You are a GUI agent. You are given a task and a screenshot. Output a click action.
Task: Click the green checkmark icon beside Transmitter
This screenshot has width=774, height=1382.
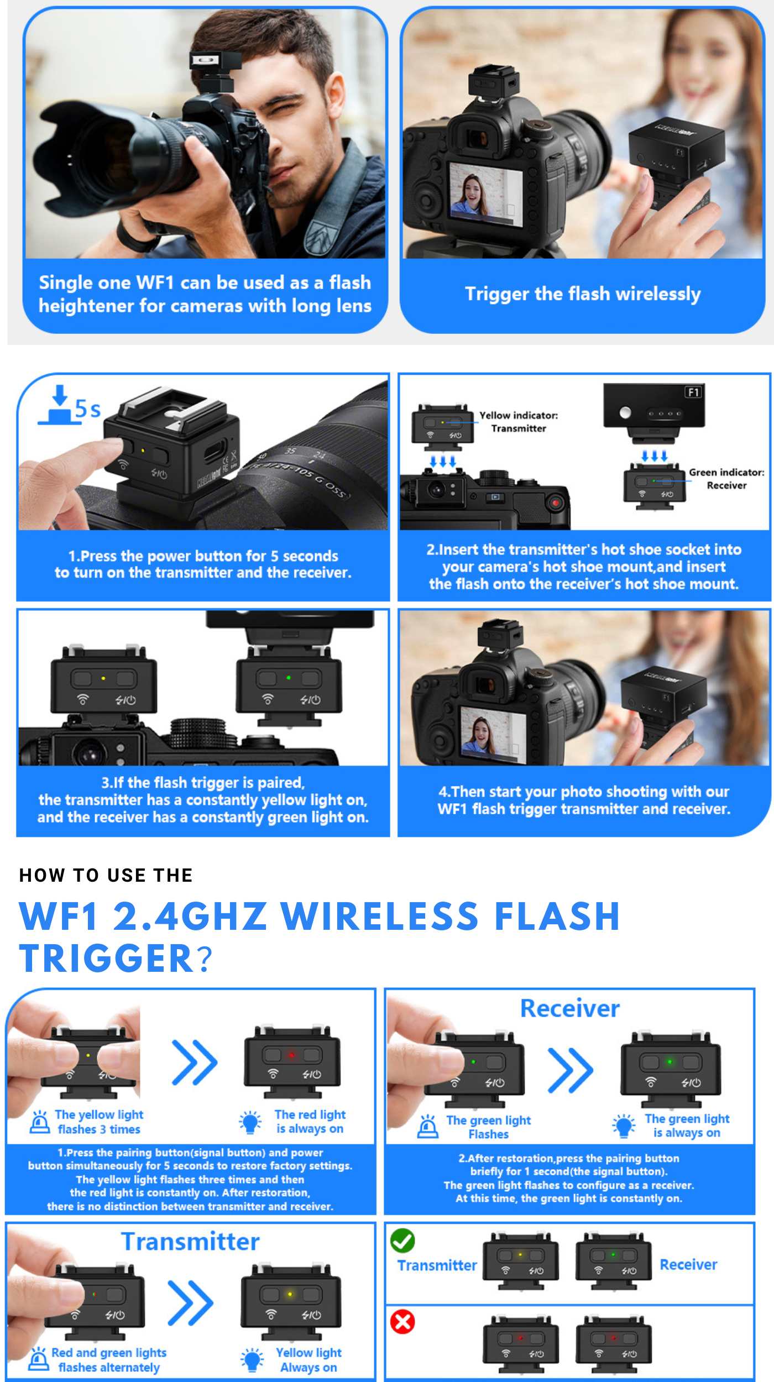pos(402,1241)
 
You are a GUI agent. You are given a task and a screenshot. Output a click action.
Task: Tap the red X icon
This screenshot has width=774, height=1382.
pos(402,1322)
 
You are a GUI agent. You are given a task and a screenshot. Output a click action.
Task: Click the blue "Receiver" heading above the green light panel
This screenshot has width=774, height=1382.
pos(570,1009)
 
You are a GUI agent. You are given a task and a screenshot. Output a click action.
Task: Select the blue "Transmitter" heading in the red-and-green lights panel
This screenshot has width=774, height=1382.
pos(190,1242)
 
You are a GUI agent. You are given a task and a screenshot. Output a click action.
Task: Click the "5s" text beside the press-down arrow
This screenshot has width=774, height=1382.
pos(88,410)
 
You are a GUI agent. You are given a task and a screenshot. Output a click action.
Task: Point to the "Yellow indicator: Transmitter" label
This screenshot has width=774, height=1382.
pos(519,422)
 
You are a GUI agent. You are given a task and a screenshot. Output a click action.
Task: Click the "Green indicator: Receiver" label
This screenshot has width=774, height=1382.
pos(726,479)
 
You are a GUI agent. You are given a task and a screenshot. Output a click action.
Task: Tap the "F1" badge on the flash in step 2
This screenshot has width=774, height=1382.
pos(693,392)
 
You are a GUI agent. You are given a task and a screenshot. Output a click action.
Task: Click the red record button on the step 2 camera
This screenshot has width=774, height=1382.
pos(556,502)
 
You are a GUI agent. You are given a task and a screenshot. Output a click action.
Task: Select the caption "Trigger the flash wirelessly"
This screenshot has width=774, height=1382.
pos(583,294)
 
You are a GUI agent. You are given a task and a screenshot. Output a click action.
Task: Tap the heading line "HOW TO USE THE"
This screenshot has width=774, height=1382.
pos(106,875)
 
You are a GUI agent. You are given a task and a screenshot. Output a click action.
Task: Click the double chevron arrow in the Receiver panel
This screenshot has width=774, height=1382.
pos(571,1071)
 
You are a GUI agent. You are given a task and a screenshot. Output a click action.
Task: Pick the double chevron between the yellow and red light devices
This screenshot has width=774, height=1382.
pos(195,1062)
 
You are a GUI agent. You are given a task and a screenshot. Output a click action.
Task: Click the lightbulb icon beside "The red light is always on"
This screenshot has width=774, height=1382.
pos(250,1122)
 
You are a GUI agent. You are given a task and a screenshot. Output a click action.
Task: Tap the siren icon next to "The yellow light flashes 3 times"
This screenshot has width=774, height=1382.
pos(40,1122)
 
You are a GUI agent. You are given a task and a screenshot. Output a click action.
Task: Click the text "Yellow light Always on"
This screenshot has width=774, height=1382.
pos(308,1360)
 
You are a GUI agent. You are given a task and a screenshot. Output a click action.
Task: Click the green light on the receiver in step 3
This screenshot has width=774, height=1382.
pos(289,678)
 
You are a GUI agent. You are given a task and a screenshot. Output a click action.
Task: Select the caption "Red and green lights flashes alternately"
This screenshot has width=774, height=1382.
pos(109,1360)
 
